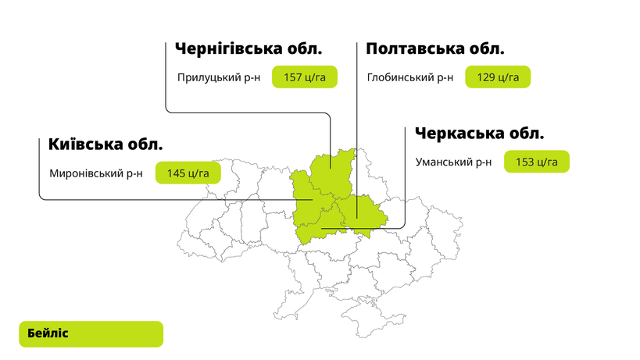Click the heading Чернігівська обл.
248,49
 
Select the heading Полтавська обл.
434,49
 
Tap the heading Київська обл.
105,144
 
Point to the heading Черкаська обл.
479,134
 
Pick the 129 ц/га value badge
498,77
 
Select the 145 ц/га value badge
188,173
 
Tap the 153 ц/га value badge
536,162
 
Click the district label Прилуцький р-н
218,78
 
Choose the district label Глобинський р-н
410,78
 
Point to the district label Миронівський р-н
95,174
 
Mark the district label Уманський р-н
453,162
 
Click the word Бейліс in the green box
48,333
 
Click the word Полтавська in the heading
411,49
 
